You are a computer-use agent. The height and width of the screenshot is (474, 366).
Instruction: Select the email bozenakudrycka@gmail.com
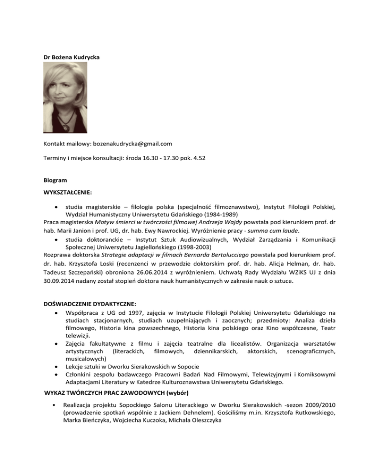(x=131, y=143)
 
